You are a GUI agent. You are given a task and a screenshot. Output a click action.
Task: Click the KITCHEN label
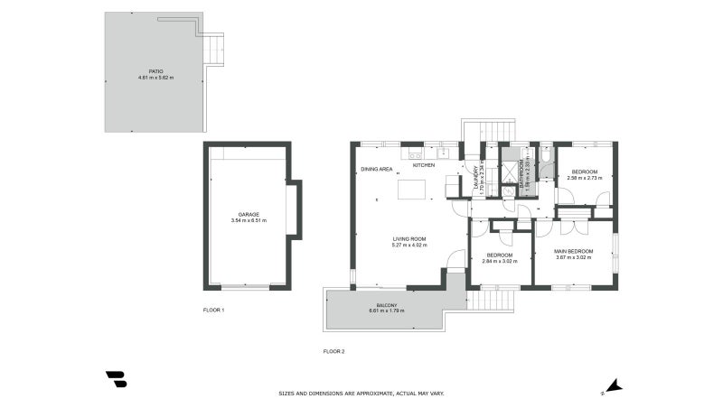[424, 165]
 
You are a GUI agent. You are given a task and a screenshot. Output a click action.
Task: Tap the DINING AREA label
[376, 170]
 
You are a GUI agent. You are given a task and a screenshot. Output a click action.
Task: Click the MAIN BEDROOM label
[574, 251]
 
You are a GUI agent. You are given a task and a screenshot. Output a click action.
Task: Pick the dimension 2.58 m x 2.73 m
[584, 178]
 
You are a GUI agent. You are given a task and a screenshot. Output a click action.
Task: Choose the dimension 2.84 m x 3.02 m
[500, 261]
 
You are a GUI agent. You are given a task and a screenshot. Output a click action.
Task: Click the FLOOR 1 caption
[213, 310]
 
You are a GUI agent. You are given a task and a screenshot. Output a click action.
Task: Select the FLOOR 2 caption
[333, 351]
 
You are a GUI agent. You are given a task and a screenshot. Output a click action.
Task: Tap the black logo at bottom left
[116, 379]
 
